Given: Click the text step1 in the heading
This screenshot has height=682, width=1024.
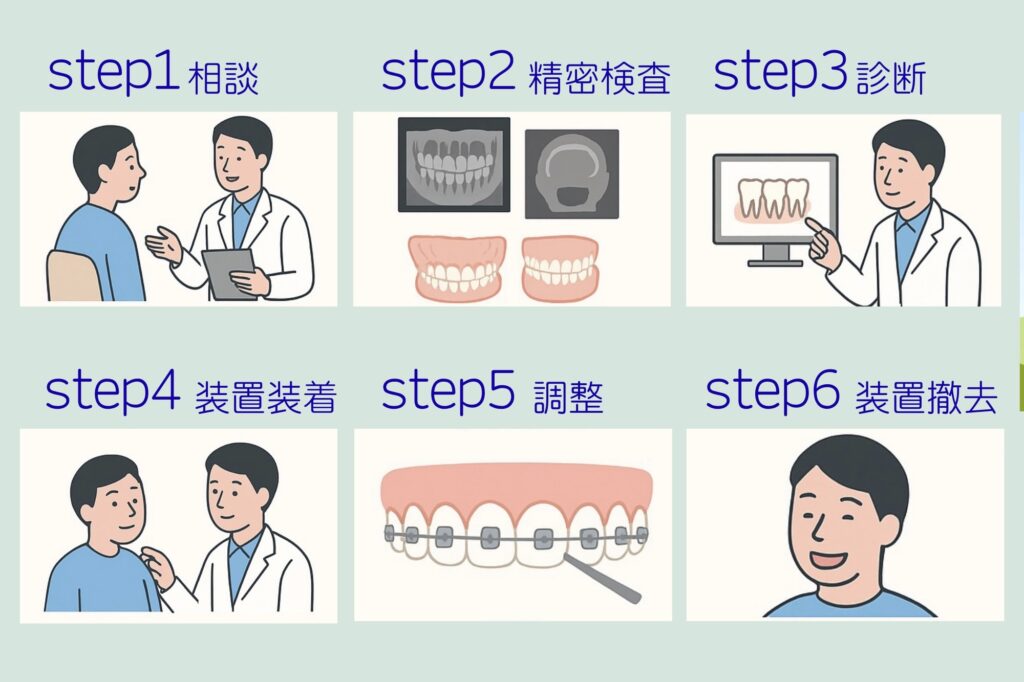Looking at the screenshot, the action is (114, 72).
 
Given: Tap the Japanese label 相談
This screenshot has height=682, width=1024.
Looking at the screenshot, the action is (223, 79).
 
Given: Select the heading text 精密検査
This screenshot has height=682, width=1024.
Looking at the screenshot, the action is (598, 79).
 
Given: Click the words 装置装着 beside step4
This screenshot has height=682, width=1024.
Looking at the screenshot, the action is (265, 397).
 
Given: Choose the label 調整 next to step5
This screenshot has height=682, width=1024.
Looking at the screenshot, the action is (568, 397).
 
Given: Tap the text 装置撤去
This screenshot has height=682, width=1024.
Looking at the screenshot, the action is (926, 397).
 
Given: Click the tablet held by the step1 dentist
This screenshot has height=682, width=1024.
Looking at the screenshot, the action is (229, 274).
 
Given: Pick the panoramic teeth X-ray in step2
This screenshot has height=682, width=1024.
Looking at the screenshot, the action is (454, 165).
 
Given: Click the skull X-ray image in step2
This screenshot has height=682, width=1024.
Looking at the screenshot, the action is (572, 174).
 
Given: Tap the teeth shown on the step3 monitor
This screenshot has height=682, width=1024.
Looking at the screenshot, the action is (773, 197).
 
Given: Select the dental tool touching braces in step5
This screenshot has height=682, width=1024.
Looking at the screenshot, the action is (602, 579).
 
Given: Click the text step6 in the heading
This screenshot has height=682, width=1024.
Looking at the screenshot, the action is (772, 391).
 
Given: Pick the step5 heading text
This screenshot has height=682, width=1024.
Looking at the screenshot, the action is (447, 391).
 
